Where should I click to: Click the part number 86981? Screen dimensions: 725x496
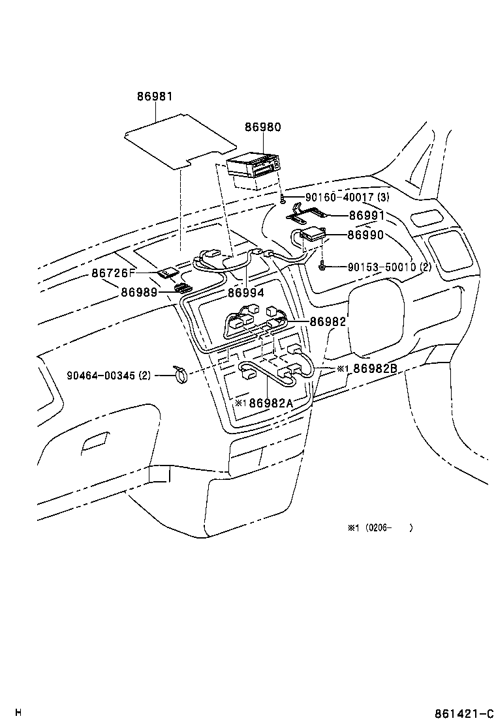tap(155, 96)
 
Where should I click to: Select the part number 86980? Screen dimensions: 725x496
tap(262, 128)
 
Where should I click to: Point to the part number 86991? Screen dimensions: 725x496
tap(366, 215)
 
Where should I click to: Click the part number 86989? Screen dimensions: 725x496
tap(138, 293)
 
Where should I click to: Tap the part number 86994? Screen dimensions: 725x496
tap(246, 293)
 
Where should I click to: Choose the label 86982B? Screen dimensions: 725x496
tap(375, 369)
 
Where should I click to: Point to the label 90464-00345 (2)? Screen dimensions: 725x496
tap(109, 376)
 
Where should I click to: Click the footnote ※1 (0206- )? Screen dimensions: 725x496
tap(380, 528)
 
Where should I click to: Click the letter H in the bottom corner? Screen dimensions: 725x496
tap(19, 712)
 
